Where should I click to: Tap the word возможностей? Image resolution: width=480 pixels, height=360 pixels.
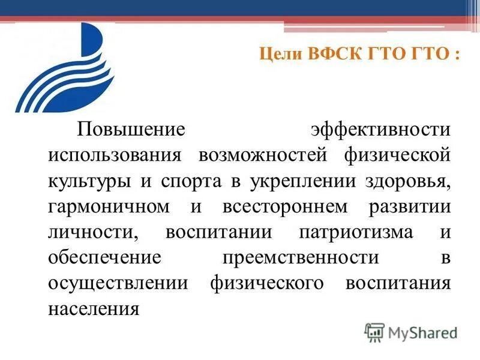pyautogui.click(x=263, y=155)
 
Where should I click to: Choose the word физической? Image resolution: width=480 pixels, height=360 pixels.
pyautogui.click(x=397, y=155)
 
